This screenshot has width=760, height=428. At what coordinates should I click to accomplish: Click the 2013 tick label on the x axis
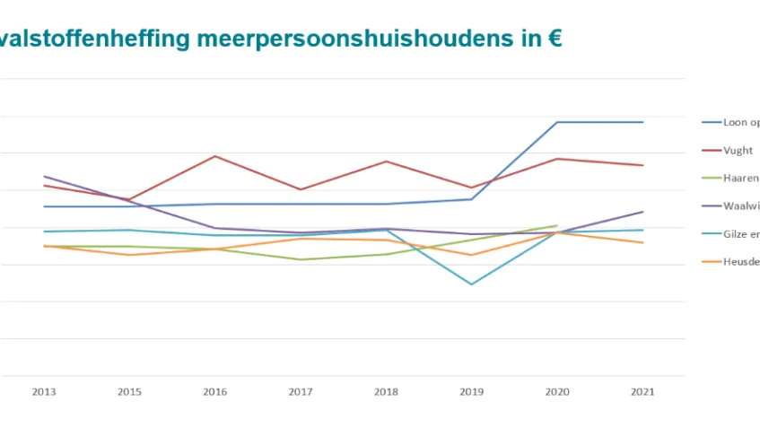tap(43, 392)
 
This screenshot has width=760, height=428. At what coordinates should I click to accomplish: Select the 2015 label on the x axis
tap(129, 392)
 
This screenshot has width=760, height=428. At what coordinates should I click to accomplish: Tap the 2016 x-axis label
tap(215, 392)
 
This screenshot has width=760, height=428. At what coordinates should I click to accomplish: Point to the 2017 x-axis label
tap(301, 392)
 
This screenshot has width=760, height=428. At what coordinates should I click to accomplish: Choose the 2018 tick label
tap(386, 392)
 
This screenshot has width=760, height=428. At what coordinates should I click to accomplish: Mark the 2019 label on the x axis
tap(471, 392)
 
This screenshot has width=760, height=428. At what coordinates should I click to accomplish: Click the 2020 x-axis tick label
tap(557, 392)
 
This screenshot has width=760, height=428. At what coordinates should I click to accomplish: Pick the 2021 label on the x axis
tap(642, 392)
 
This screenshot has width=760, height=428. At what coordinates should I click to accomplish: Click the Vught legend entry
tap(738, 151)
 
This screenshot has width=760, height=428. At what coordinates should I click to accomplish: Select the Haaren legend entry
tap(740, 179)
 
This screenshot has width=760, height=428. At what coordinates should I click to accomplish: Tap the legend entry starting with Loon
tap(740, 123)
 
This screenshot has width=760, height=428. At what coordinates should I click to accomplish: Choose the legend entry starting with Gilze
tap(740, 233)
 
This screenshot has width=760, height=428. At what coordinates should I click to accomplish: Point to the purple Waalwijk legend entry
tap(740, 205)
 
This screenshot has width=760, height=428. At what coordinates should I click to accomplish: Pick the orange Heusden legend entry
tap(740, 262)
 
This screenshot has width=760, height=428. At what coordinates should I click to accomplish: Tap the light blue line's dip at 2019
tap(471, 284)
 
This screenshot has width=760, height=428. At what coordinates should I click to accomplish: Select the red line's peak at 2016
tap(215, 156)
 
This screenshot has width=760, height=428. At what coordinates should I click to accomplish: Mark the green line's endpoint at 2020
tap(557, 225)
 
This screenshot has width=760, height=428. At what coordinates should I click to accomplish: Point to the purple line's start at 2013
tap(44, 177)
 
